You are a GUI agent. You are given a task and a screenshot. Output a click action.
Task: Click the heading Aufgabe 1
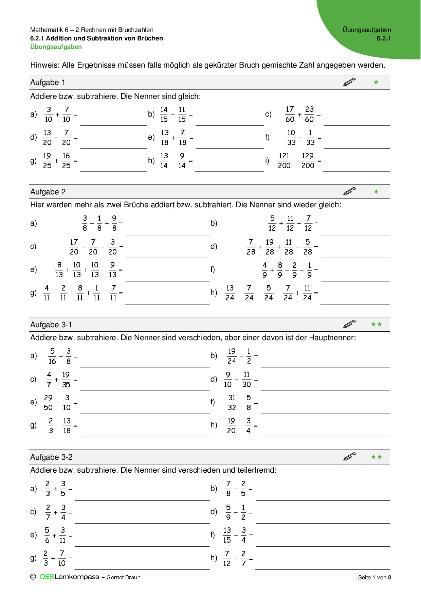click(x=48, y=83)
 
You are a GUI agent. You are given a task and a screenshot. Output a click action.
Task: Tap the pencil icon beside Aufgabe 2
click(x=349, y=191)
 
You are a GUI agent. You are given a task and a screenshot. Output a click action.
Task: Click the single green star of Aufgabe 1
click(x=376, y=82)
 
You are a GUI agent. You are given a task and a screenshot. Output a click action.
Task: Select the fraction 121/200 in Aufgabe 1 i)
click(x=284, y=161)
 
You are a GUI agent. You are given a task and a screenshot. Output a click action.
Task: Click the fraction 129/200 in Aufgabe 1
click(x=308, y=161)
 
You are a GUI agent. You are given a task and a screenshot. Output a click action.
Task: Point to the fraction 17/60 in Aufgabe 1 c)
click(x=290, y=115)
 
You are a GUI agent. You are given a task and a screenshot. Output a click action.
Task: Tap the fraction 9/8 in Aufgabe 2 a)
click(x=114, y=223)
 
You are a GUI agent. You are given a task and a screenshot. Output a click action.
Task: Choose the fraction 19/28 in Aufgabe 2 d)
click(x=270, y=247)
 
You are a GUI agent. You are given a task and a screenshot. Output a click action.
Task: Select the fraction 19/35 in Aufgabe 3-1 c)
click(x=66, y=380)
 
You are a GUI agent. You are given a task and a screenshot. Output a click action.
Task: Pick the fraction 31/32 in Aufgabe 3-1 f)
click(x=232, y=403)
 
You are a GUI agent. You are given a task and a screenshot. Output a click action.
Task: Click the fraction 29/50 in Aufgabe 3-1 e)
click(x=48, y=403)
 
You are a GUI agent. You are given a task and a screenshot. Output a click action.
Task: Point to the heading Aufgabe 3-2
click(x=51, y=457)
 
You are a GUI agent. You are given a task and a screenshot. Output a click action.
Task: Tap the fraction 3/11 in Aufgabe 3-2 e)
click(x=62, y=535)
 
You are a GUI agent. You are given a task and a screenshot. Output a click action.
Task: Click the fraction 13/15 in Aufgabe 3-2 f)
click(x=227, y=535)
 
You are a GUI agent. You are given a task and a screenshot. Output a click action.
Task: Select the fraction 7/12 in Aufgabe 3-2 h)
click(x=227, y=559)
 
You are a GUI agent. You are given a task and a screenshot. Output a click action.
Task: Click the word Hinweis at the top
click(x=44, y=65)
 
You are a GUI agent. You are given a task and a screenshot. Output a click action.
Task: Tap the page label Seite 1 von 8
click(x=374, y=577)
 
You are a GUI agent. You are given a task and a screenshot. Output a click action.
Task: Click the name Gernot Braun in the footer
click(x=124, y=577)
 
